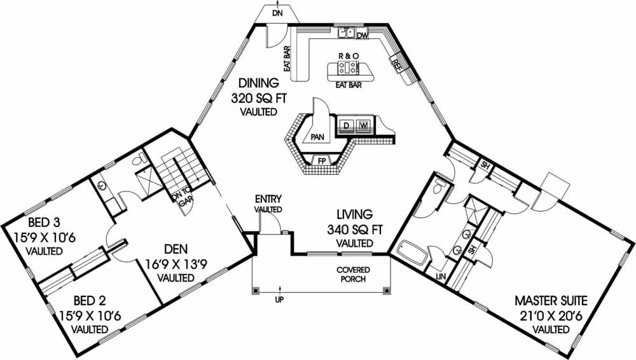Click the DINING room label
(x=259, y=83)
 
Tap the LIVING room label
(x=350, y=214)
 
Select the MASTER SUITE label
(x=551, y=300)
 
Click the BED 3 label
(x=36, y=223)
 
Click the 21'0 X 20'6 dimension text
(x=551, y=314)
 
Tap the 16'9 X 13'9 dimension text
(x=169, y=263)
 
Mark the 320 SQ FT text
(x=259, y=98)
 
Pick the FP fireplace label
(x=322, y=161)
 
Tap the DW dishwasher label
(x=363, y=36)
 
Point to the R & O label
(x=348, y=56)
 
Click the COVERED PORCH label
(x=353, y=274)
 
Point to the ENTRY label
(x=268, y=199)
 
